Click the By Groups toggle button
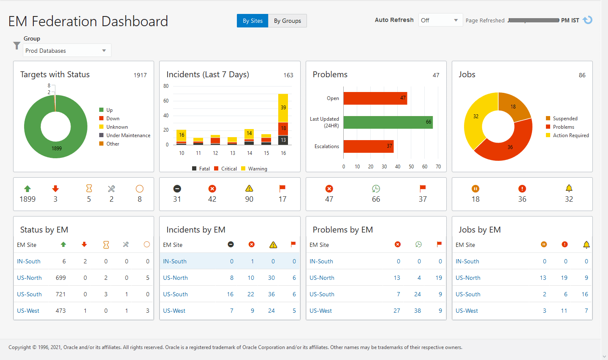[287, 21]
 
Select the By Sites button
[252, 21]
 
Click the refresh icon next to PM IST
[587, 20]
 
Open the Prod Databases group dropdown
[67, 51]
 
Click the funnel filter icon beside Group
[16, 46]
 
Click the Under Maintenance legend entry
[128, 135]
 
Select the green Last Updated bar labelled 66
[388, 122]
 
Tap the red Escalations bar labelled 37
[368, 146]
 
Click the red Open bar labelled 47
[375, 98]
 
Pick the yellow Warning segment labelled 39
[283, 108]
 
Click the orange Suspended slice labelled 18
[513, 106]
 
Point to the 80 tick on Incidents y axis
[166, 86]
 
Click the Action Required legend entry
[570, 135]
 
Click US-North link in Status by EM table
[29, 278]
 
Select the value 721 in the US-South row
[61, 294]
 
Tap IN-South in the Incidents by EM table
[175, 261]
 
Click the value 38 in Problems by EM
[417, 311]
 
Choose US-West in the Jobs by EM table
[467, 311]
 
